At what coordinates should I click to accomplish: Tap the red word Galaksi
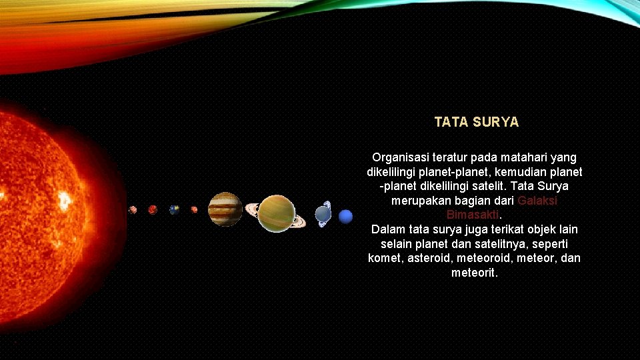tap(537, 201)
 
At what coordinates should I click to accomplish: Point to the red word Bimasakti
tap(473, 215)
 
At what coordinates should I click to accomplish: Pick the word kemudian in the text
tap(524, 172)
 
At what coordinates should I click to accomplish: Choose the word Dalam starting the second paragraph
tap(389, 229)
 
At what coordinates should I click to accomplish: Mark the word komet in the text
tap(385, 258)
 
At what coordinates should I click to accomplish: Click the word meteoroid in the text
tap(488, 258)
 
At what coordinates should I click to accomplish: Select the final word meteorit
tap(474, 273)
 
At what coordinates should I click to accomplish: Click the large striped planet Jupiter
tap(225, 209)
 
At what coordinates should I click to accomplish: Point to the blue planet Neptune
tap(345, 217)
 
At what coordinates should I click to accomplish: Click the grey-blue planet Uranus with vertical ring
tap(323, 213)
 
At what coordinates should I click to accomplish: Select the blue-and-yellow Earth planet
tap(174, 209)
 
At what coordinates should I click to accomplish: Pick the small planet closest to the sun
tap(133, 209)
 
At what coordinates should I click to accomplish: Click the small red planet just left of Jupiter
tap(194, 209)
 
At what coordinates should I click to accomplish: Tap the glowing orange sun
tap(40, 200)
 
